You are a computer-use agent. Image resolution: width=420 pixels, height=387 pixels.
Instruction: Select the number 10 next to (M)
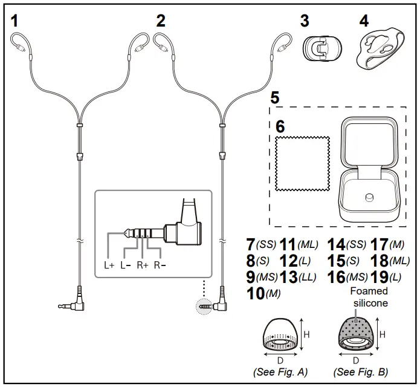(x=256, y=294)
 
